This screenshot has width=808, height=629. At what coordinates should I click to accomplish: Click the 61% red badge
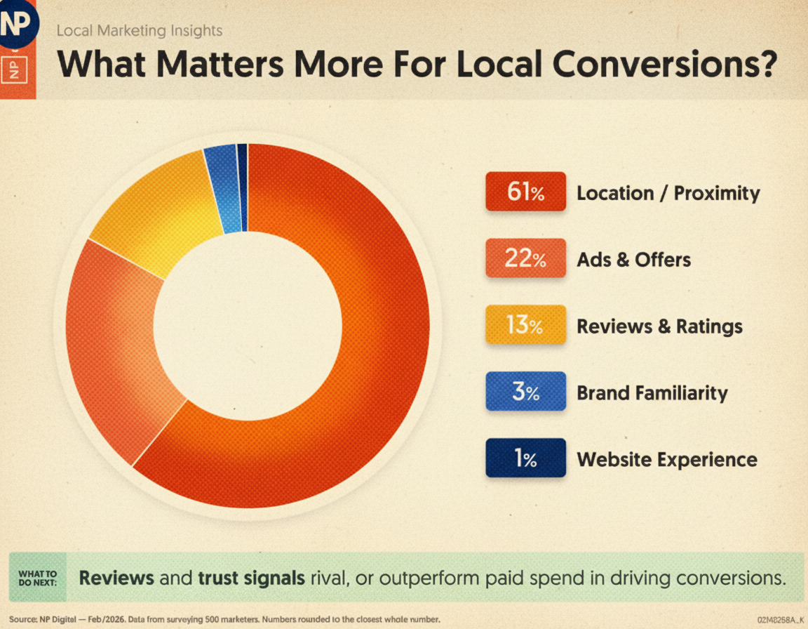[x=525, y=192]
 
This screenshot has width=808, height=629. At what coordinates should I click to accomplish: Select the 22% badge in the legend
[x=525, y=258]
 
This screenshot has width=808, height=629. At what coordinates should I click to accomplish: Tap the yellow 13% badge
[x=525, y=325]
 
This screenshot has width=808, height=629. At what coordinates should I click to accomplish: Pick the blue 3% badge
[x=525, y=391]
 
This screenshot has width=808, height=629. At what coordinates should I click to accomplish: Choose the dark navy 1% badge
[x=525, y=458]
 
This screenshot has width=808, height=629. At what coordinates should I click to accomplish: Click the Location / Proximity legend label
[x=668, y=193]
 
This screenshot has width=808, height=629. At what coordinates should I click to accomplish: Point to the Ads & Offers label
[x=633, y=260]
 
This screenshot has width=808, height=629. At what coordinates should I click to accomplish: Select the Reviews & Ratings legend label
[x=659, y=326]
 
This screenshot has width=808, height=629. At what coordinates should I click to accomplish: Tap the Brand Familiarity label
[x=652, y=392]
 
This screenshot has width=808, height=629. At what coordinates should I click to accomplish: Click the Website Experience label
[x=666, y=460]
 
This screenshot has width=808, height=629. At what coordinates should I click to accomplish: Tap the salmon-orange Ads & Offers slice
[x=112, y=337]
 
